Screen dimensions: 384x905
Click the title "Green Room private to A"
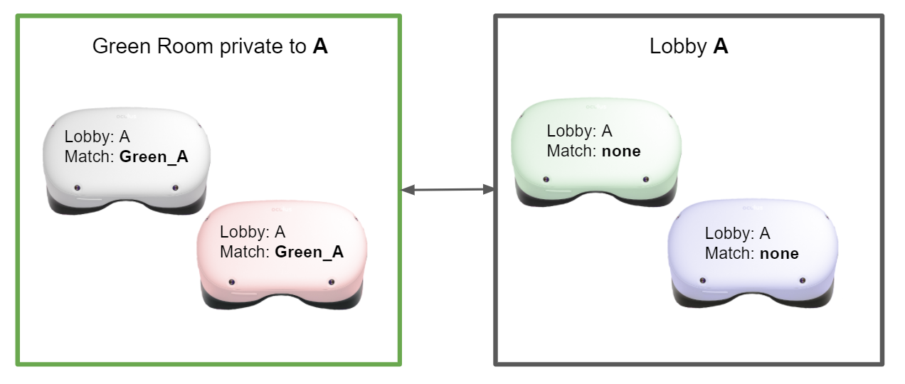pyautogui.click(x=210, y=48)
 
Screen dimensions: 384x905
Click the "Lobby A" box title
pyautogui.click(x=689, y=48)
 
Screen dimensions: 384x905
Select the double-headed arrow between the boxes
pyautogui.click(x=448, y=189)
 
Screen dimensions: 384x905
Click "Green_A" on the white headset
pyautogui.click(x=154, y=156)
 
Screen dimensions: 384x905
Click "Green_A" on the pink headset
pyautogui.click(x=309, y=252)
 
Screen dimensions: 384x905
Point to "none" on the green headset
pyautogui.click(x=621, y=151)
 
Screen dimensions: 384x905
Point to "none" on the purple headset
pyautogui.click(x=779, y=254)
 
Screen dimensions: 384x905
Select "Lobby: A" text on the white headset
pyautogui.click(x=97, y=137)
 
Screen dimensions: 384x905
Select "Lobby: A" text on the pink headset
pyautogui.click(x=253, y=233)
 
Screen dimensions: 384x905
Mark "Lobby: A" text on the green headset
pyautogui.click(x=579, y=132)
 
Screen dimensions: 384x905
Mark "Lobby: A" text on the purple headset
pyautogui.click(x=737, y=234)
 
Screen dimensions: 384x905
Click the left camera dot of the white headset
pyautogui.click(x=78, y=188)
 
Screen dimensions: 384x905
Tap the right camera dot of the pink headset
pyautogui.click(x=331, y=282)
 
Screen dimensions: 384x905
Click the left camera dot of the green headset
pyautogui.click(x=546, y=179)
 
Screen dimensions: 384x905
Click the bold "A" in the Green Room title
pyautogui.click(x=320, y=48)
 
